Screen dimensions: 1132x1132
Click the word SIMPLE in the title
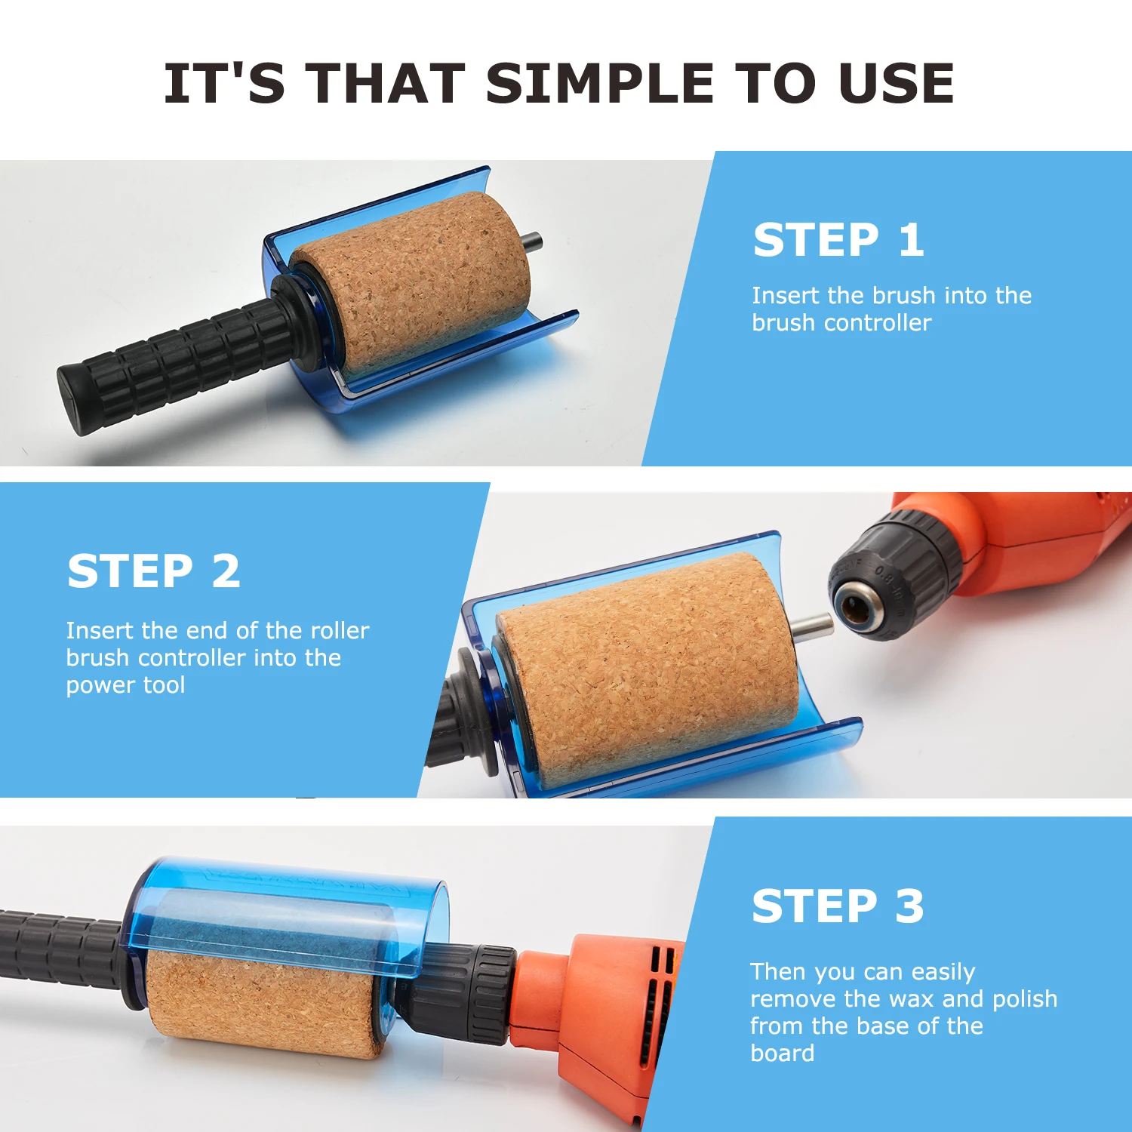(599, 83)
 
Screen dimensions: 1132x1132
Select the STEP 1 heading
(838, 240)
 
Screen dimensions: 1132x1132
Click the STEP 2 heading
(154, 571)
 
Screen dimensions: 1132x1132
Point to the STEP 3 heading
(838, 906)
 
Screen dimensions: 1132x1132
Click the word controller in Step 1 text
(878, 323)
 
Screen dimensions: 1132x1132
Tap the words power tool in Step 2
(125, 685)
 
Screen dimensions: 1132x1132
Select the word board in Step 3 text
(782, 1054)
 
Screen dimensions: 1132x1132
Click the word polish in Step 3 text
(1024, 999)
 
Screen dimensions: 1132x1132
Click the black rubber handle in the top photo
(174, 362)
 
